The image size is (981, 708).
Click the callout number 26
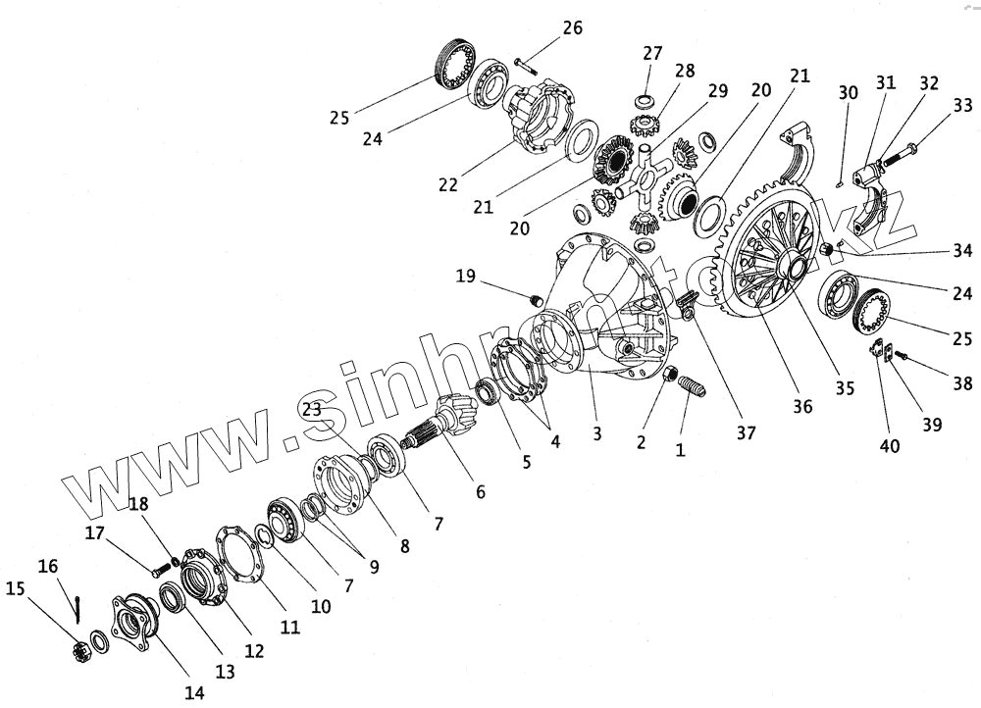click(x=572, y=28)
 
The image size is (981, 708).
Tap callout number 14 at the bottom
click(x=194, y=692)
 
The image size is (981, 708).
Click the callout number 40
click(x=890, y=447)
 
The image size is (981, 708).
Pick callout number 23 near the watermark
click(x=311, y=410)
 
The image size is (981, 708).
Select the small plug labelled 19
click(x=537, y=299)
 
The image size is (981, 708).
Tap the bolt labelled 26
click(x=520, y=66)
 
